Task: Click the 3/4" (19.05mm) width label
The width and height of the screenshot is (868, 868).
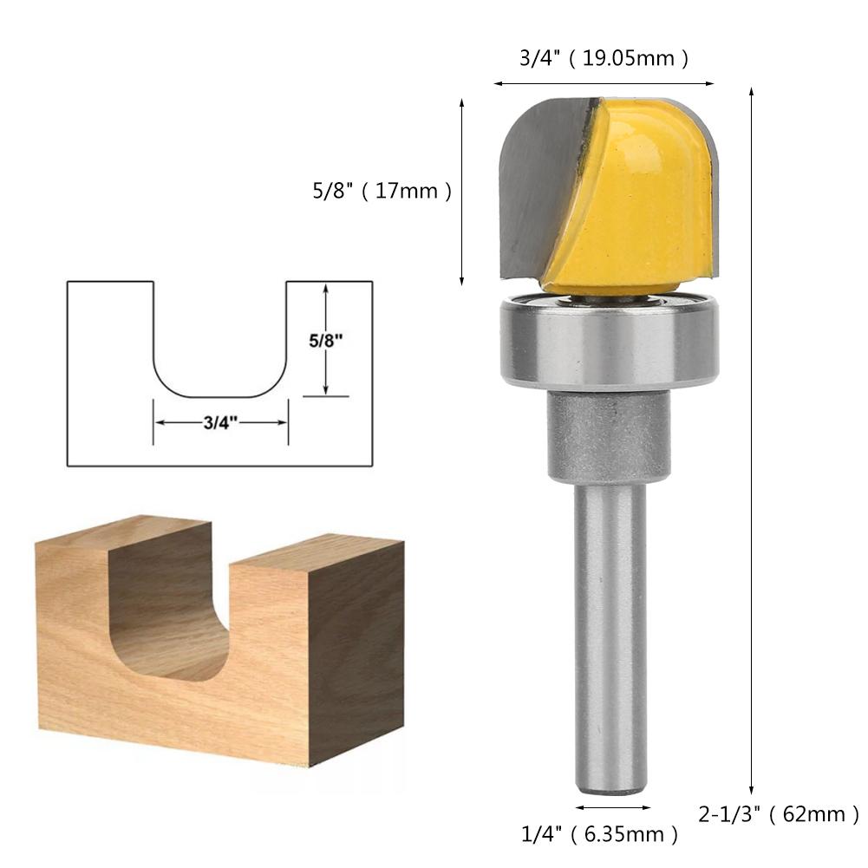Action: (x=604, y=58)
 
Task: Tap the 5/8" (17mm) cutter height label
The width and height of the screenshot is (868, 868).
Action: (x=382, y=191)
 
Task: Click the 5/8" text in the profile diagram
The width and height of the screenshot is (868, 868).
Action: (x=327, y=341)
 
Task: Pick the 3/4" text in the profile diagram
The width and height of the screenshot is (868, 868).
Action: (x=220, y=422)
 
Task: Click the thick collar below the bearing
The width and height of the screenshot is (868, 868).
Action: (x=609, y=436)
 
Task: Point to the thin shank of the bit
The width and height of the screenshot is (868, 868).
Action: (x=611, y=633)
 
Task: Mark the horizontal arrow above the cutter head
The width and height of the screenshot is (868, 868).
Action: (x=604, y=84)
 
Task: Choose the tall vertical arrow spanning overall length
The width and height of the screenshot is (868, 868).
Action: (x=752, y=434)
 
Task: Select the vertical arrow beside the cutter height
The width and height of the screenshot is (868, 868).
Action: (x=462, y=191)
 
